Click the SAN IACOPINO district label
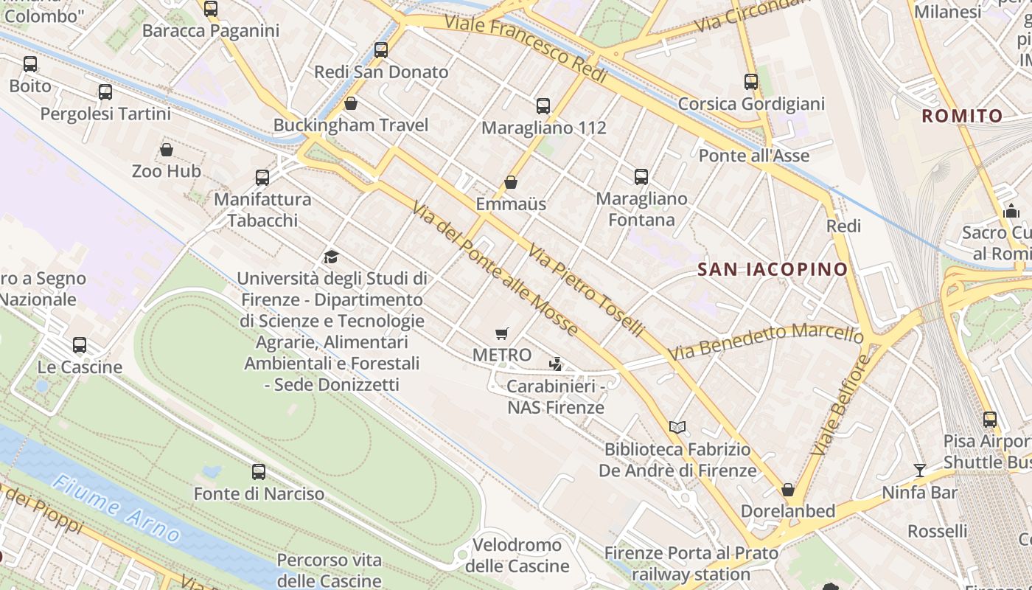pos(773,269)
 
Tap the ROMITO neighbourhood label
pos(962,116)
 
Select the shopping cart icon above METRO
pos(502,333)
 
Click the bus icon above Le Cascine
pos(80,345)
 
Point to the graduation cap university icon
pos(331,257)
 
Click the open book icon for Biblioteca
pos(677,427)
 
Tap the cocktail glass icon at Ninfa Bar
pos(919,470)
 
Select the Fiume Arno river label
pos(116,508)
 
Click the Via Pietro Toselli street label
pos(586,290)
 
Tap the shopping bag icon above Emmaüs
pos(511,182)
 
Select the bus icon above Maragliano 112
pos(543,105)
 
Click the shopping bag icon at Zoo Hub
pos(167,150)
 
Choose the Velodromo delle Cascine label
pos(517,555)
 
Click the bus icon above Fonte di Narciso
pos(259,471)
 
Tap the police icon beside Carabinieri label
pos(556,364)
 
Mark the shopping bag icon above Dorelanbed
pos(788,490)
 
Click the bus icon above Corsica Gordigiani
pos(751,82)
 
